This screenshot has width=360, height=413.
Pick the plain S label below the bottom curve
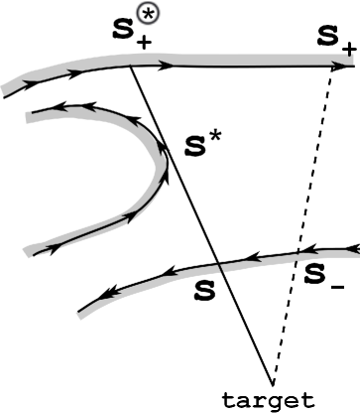(x=205, y=291)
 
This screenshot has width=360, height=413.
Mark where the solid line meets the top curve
(x=133, y=66)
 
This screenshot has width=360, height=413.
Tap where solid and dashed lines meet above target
(x=272, y=381)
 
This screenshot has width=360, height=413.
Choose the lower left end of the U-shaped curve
(x=33, y=252)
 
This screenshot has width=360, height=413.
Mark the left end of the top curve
(x=5, y=92)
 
